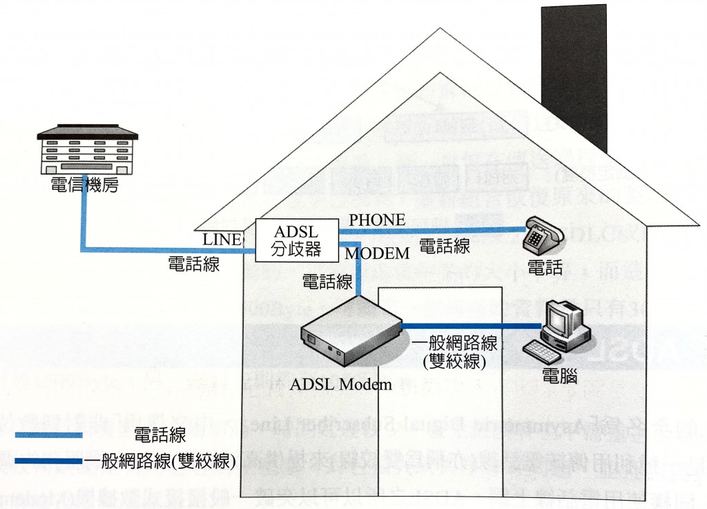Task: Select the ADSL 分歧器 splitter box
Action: pyautogui.click(x=296, y=240)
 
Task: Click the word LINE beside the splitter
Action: pyautogui.click(x=222, y=240)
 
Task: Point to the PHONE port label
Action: pyautogui.click(x=377, y=220)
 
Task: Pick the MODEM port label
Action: pyautogui.click(x=378, y=254)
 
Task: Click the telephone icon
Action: pyautogui.click(x=543, y=235)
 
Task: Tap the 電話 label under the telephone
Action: pyautogui.click(x=545, y=268)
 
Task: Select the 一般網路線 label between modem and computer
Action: pyautogui.click(x=455, y=343)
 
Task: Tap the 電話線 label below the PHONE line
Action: pyautogui.click(x=445, y=247)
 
